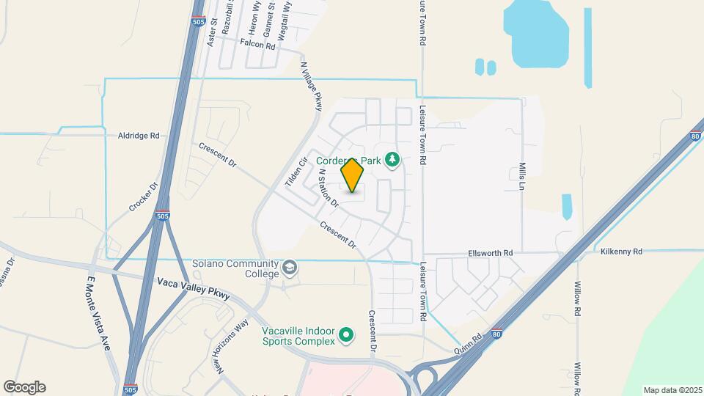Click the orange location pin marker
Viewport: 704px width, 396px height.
point(353,175)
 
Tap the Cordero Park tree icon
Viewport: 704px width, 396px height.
point(393,159)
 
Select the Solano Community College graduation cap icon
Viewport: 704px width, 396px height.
point(290,268)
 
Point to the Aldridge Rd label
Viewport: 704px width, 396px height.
point(139,136)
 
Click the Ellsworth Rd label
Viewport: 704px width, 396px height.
point(490,253)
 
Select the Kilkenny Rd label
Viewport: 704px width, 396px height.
point(620,252)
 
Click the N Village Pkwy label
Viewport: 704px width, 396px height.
point(312,87)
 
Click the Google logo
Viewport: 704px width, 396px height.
point(24,387)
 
